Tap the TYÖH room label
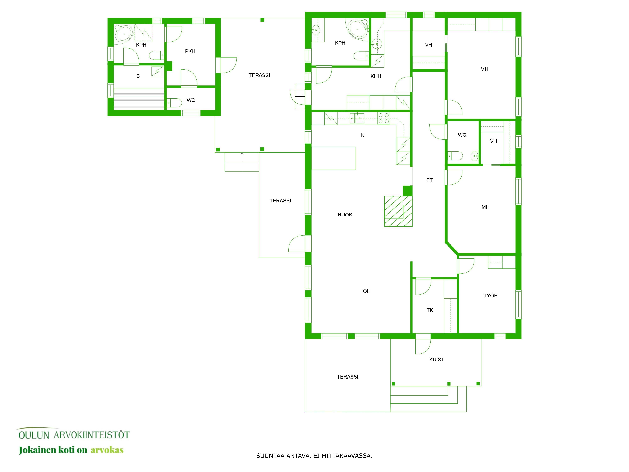click(490, 296)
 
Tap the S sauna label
click(138, 76)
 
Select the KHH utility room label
click(376, 76)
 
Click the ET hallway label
click(429, 180)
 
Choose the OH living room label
click(367, 291)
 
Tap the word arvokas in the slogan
click(107, 450)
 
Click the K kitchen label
click(363, 135)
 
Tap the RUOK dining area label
click(345, 215)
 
